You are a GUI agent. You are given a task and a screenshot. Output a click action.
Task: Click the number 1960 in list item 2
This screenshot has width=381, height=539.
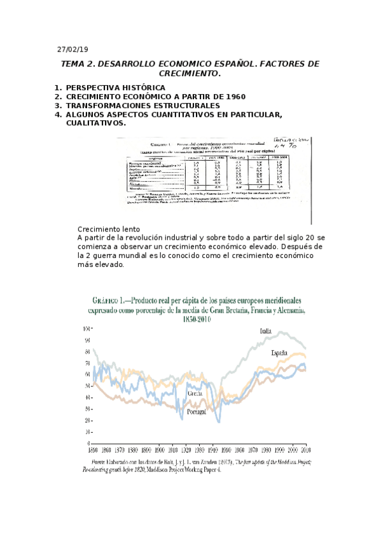pyautogui.click(x=233, y=97)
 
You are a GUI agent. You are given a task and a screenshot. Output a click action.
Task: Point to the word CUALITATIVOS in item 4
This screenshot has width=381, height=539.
pyautogui.click(x=95, y=123)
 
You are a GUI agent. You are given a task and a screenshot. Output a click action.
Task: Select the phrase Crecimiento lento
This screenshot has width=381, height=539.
pyautogui.click(x=109, y=229)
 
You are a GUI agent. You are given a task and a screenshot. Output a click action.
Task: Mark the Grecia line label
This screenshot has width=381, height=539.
pyautogui.click(x=195, y=393)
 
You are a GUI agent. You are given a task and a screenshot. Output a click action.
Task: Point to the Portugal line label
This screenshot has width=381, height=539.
pyautogui.click(x=199, y=411)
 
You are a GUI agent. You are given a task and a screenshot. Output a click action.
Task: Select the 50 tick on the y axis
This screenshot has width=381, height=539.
pyautogui.click(x=87, y=386)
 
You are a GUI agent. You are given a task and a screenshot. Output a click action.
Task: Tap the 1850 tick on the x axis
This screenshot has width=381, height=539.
pyautogui.click(x=95, y=447)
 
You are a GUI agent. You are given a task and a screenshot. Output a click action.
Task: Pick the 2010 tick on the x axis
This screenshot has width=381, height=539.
pyautogui.click(x=306, y=447)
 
